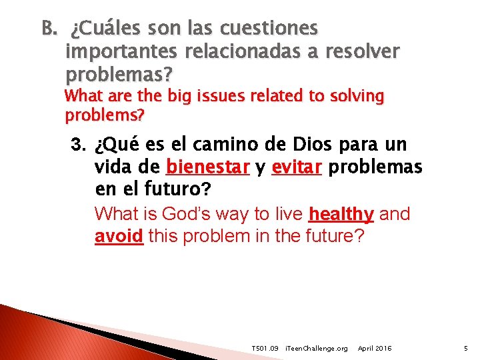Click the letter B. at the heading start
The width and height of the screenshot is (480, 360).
tap(49, 29)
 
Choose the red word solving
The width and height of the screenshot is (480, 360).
tap(352, 96)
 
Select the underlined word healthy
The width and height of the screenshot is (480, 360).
tap(341, 215)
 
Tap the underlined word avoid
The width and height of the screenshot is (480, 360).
tap(119, 236)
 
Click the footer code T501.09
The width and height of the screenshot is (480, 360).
tap(265, 349)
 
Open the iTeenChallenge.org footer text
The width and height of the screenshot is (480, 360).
tap(316, 349)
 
